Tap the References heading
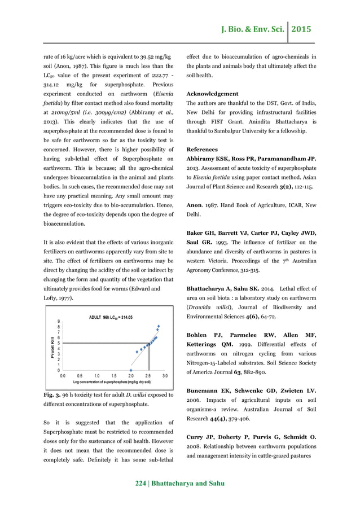(204, 150)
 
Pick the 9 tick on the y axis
(58, 321)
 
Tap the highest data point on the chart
(159, 326)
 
